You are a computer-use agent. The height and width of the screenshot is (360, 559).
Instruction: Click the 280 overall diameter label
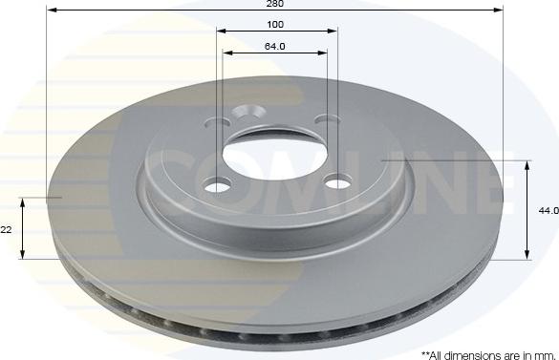tap(276, 4)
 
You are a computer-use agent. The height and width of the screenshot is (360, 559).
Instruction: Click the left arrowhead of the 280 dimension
tap(51, 11)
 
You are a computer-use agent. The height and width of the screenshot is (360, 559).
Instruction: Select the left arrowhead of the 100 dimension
tap(222, 32)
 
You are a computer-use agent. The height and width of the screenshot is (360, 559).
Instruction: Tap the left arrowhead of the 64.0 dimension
tap(228, 53)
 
